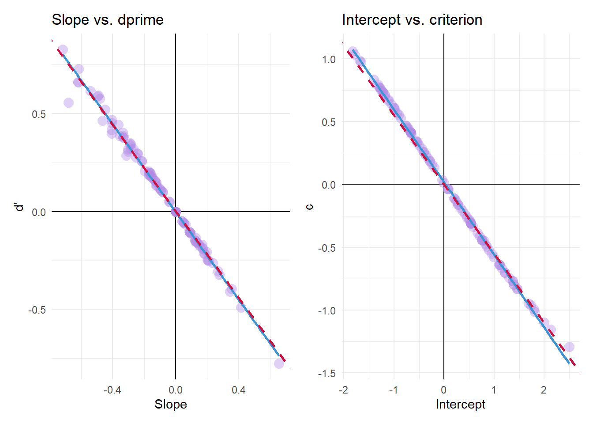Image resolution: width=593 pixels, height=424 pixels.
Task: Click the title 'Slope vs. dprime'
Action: click(107, 20)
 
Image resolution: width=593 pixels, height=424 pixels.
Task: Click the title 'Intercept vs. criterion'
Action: click(412, 20)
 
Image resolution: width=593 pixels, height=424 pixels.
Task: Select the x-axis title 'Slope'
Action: click(170, 404)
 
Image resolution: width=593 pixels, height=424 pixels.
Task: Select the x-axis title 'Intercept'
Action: click(460, 404)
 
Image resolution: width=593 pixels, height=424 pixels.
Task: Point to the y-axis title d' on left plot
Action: click(19, 207)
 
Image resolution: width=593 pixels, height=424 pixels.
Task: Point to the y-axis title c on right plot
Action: click(310, 206)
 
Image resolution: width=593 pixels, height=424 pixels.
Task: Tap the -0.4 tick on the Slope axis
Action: click(112, 390)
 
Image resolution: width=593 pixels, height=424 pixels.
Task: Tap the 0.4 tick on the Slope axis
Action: click(239, 390)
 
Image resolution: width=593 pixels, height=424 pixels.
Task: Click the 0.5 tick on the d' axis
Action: click(39, 114)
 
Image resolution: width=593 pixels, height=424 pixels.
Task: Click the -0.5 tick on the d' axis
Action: click(37, 310)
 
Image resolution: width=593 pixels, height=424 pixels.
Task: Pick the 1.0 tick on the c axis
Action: click(329, 60)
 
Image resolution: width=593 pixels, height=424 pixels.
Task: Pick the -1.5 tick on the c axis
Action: click(327, 374)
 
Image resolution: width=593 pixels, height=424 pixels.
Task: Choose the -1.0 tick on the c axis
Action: click(327, 311)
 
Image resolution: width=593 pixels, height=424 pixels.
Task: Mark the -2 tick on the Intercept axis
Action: click(343, 390)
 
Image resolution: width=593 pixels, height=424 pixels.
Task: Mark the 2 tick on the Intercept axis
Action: click(544, 390)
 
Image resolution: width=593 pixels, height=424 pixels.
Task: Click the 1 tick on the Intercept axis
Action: click(494, 390)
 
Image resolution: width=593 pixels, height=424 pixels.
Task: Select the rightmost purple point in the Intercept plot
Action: click(569, 347)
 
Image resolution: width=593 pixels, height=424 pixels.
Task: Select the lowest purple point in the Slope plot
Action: click(279, 363)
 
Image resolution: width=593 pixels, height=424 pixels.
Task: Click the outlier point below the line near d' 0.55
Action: click(68, 102)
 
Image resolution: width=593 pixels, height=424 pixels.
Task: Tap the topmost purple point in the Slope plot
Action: click(63, 49)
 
